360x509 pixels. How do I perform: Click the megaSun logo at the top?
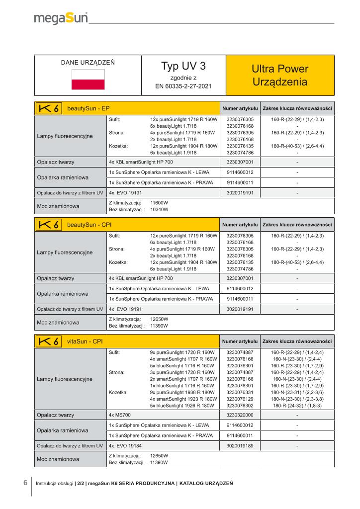coord(61,19)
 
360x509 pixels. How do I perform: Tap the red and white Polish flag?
coord(88,80)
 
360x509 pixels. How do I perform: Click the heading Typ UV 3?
coord(183,66)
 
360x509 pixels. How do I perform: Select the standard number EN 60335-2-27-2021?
coord(183,85)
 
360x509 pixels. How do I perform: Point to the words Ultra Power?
coord(280,69)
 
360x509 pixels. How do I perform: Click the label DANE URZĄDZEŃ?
coord(88,63)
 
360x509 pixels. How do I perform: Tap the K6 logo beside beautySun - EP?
coord(49,108)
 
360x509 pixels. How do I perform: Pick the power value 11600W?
coord(159,203)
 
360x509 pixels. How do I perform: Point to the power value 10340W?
coord(159,210)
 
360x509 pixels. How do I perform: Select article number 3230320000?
coord(240,415)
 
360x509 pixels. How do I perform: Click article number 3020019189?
coord(240,446)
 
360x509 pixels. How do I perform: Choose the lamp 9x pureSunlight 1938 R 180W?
coord(183,392)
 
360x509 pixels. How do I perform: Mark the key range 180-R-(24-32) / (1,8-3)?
coord(297,405)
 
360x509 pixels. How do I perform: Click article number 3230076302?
coord(240,405)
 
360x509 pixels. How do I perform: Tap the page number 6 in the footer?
coord(25,483)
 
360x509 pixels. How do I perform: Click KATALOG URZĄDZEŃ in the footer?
coord(206,483)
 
